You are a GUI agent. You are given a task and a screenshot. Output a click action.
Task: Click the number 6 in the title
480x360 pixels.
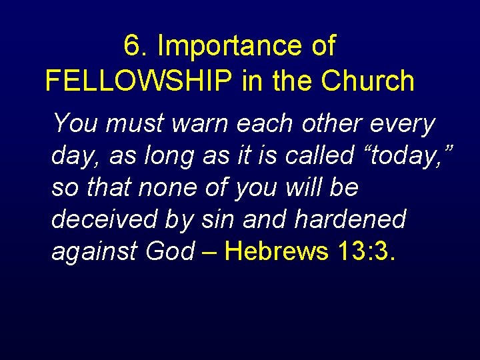(x=132, y=47)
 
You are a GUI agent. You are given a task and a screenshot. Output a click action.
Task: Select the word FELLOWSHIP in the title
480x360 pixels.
(x=139, y=81)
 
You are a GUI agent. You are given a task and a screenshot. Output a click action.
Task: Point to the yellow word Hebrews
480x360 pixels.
(x=277, y=251)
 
